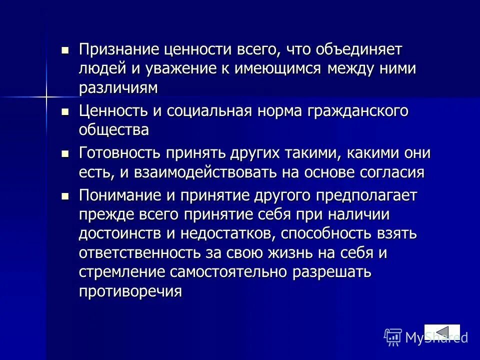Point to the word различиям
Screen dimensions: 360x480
click(118, 87)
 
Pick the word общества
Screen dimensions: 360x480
click(114, 130)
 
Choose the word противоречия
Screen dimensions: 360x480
click(129, 291)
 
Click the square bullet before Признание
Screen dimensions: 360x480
click(64, 50)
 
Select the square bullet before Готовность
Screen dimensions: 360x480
click(64, 153)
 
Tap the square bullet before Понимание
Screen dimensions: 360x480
click(64, 195)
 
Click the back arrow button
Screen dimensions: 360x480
click(442, 332)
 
